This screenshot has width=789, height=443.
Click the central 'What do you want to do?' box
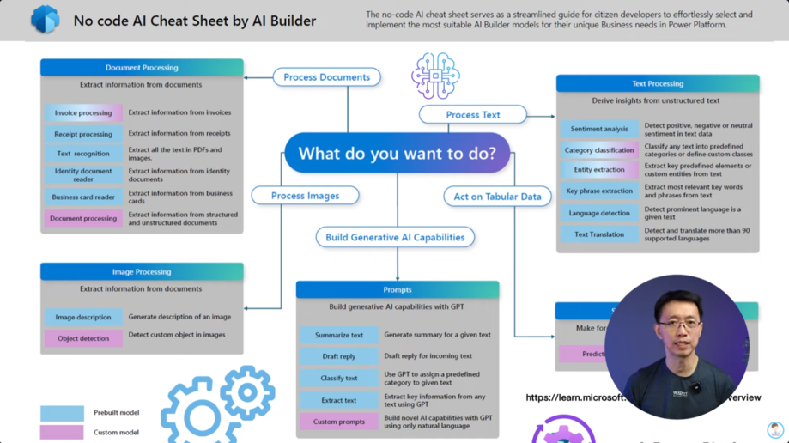397,154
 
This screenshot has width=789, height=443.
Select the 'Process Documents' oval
326,77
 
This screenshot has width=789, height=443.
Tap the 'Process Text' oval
472,114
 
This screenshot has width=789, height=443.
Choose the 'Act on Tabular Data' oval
497,196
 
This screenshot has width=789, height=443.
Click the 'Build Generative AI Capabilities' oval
396,237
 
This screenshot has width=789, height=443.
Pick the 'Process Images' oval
305,196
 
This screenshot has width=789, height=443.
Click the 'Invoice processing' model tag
83,113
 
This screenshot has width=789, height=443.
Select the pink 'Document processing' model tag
83,219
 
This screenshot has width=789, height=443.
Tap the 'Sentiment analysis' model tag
599,129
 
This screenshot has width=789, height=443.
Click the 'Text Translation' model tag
599,234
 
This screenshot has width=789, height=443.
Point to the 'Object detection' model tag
83,338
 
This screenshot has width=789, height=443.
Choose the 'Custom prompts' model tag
338,422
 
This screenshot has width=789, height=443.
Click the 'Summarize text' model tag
338,335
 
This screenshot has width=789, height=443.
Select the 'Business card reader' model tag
83,197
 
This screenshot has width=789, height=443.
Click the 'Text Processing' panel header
658,83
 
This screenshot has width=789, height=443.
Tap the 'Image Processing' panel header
142,271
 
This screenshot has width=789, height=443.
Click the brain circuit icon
435,75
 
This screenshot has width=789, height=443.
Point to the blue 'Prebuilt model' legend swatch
62,413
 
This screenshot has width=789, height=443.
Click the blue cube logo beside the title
45,19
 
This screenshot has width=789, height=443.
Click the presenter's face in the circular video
675,318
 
